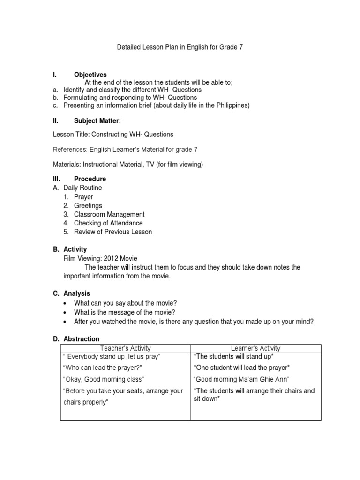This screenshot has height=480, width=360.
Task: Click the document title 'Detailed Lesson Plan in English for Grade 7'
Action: coord(180,47)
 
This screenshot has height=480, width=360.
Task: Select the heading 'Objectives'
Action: coord(90,75)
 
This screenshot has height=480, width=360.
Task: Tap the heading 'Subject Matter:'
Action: coord(97,120)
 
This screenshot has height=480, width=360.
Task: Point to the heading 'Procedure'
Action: coord(90,179)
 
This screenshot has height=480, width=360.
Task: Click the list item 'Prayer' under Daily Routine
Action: coord(83,197)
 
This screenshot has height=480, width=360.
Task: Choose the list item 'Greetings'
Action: coord(88,206)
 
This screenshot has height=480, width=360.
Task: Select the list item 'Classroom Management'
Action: coord(109,214)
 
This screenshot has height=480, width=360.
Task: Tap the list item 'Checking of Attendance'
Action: coord(108,223)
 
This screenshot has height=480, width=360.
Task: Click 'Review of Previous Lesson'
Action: coord(113,232)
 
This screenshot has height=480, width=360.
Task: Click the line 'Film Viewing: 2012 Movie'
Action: coord(100,258)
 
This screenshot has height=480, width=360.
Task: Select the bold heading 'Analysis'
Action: coord(76,293)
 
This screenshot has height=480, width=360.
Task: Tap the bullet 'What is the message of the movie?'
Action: coord(124,312)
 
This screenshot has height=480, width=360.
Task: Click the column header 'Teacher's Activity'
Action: coord(125,348)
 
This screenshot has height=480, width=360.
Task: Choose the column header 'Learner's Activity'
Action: coord(255,348)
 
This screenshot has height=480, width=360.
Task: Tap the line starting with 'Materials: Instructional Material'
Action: coord(128,164)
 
